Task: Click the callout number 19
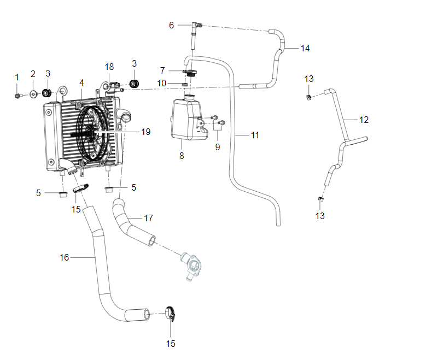tap(146, 132)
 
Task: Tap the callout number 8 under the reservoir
tap(182, 156)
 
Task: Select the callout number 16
tap(64, 257)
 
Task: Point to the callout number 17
tap(149, 219)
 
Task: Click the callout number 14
tap(305, 49)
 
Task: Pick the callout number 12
tap(364, 120)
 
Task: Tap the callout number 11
tap(255, 135)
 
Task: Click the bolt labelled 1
tap(17, 96)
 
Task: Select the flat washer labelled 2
tap(33, 95)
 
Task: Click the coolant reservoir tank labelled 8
tap(189, 119)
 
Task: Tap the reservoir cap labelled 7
tap(190, 73)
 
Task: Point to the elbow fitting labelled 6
tap(197, 25)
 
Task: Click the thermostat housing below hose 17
tap(192, 264)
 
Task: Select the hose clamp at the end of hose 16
tap(171, 314)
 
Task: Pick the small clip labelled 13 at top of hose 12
tap(309, 97)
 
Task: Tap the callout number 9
tap(218, 147)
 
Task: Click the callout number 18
tap(109, 67)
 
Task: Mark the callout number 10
tap(162, 83)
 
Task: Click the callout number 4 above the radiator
tap(81, 83)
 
